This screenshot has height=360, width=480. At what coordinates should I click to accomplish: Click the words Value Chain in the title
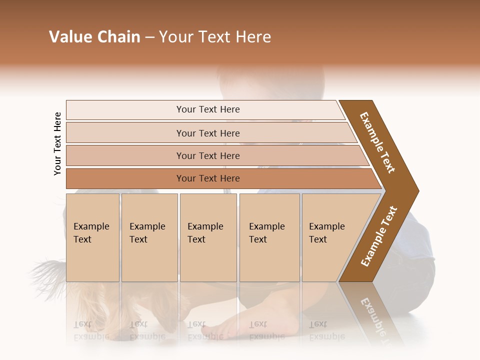tap(94, 37)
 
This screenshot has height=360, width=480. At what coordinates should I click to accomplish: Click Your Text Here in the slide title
tap(215, 37)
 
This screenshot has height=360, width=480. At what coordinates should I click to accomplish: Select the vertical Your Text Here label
tap(57, 143)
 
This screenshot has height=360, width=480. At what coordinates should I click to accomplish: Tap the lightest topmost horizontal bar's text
tap(208, 109)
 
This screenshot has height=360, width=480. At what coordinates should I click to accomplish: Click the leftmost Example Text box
tap(92, 237)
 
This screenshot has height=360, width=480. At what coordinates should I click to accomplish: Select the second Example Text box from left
tap(149, 237)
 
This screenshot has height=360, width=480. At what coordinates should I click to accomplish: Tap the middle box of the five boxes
tap(208, 237)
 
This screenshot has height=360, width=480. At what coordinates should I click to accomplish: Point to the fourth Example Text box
tap(269, 237)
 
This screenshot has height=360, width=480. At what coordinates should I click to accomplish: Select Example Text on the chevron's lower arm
tap(379, 236)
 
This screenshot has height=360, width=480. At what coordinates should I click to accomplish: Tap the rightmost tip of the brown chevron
tap(417, 191)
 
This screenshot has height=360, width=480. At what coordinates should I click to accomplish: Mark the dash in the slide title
tap(149, 37)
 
